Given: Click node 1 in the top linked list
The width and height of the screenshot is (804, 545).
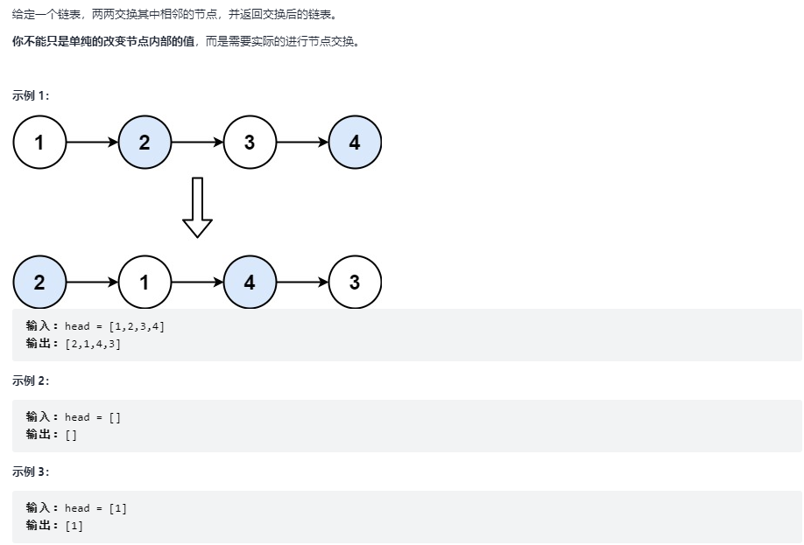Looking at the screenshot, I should (x=39, y=142).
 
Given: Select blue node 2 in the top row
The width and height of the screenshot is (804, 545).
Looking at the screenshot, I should (x=145, y=142).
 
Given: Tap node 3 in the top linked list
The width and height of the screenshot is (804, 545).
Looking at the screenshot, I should (x=250, y=142).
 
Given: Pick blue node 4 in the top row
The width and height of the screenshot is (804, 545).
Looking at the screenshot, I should (x=355, y=142).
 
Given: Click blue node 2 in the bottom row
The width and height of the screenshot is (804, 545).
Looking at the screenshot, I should (x=39, y=282).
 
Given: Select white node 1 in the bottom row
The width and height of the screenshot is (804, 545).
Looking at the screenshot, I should (x=145, y=282).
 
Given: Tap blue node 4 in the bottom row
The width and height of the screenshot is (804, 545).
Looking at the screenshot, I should (x=250, y=282).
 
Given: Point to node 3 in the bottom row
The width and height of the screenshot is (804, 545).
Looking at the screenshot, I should (x=355, y=282).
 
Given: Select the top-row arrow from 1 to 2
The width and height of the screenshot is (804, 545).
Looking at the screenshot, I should (x=92, y=142).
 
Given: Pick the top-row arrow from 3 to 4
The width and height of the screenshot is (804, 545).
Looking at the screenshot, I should (x=302, y=142).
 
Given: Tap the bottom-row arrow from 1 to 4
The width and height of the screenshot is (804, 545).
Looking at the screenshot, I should (x=197, y=282).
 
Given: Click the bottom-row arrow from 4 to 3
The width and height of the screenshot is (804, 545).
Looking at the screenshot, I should (x=302, y=282).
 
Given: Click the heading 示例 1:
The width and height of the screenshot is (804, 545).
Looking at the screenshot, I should (x=31, y=95).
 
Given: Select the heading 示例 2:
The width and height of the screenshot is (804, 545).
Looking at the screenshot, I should (x=31, y=381).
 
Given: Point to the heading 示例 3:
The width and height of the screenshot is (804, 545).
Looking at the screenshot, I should (x=31, y=472).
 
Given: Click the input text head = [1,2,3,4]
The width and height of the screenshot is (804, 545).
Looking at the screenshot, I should (x=115, y=326).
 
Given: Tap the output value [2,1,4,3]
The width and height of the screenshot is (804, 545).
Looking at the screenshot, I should (x=93, y=344).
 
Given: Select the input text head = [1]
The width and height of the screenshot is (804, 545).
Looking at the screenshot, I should (x=96, y=508).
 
